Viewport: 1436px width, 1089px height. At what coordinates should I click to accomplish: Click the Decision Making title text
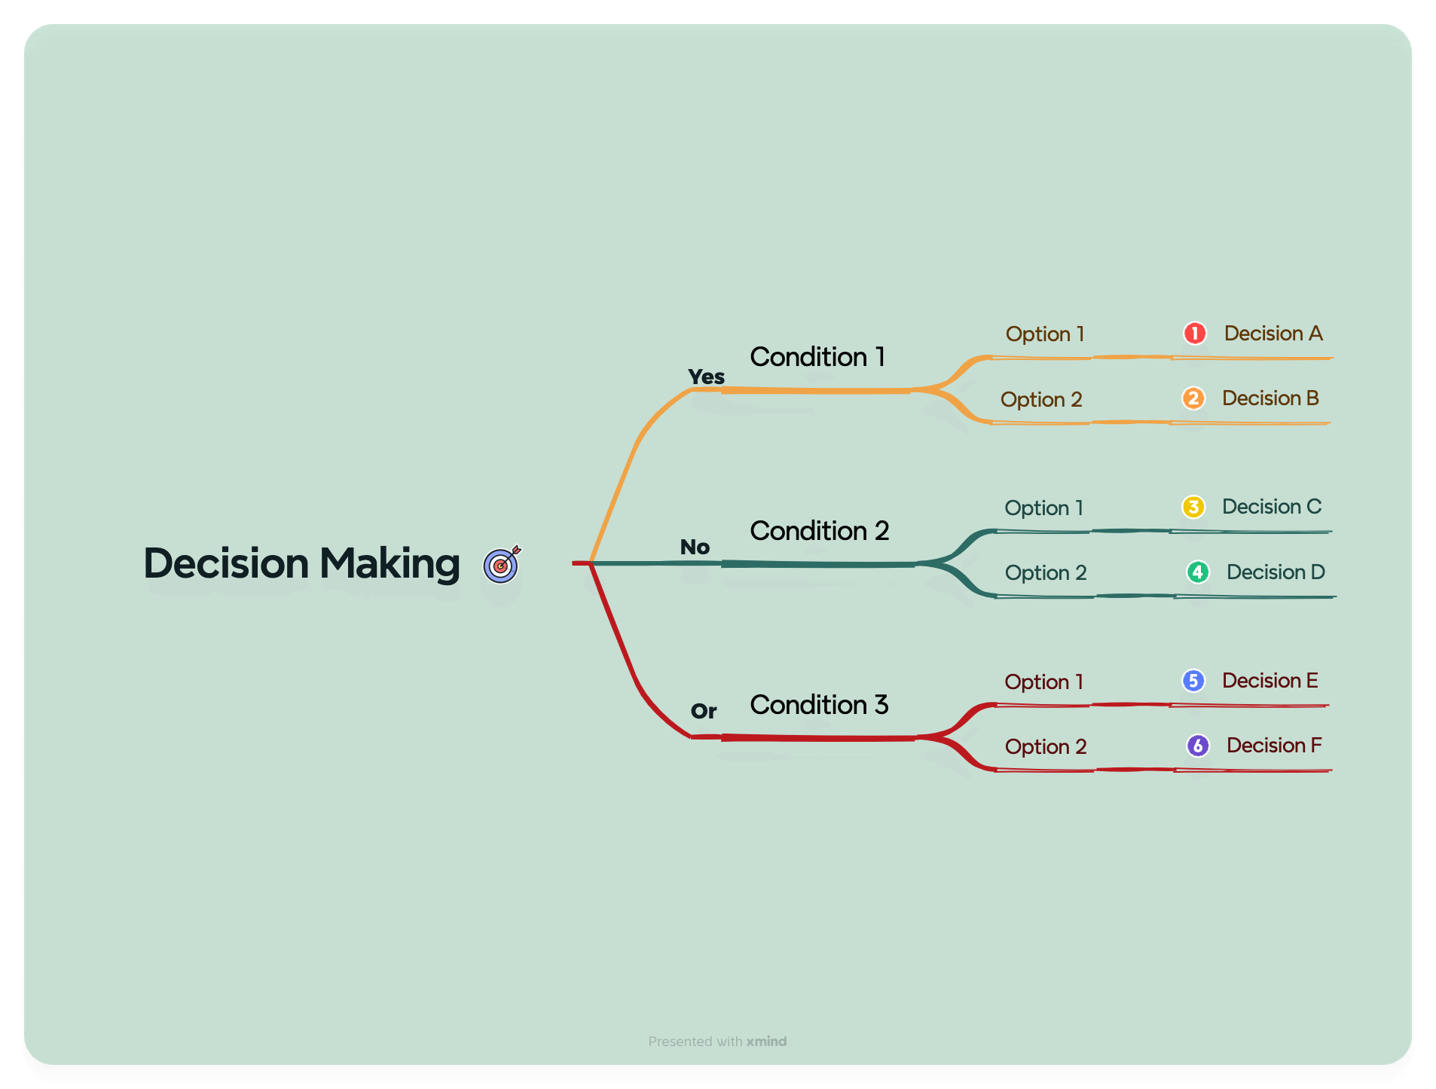[301, 563]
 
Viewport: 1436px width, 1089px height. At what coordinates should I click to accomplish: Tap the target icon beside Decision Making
[502, 564]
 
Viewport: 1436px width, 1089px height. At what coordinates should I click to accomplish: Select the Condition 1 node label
[817, 357]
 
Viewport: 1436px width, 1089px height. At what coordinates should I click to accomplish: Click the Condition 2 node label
[820, 531]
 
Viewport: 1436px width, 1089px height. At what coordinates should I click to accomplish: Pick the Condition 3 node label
[820, 705]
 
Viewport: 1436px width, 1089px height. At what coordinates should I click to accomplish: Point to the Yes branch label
[706, 377]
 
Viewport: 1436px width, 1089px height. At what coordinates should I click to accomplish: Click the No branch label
[695, 547]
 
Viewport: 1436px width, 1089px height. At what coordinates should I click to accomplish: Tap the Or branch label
[704, 711]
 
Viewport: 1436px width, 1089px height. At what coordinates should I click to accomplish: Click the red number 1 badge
[1194, 333]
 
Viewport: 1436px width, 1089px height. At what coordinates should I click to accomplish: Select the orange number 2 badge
[1193, 398]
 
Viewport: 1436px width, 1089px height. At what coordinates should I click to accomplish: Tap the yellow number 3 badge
[1193, 507]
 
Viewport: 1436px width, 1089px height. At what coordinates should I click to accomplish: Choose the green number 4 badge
[1198, 572]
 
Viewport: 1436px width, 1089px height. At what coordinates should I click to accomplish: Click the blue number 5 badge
[1193, 681]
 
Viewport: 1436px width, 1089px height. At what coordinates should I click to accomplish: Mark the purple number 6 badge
[1198, 746]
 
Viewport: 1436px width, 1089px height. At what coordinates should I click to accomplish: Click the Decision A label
[1273, 333]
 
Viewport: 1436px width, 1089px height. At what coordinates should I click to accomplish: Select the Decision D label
[1276, 572]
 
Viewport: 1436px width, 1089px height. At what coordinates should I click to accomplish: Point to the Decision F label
[1274, 746]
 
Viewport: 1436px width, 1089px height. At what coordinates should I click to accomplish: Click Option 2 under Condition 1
[1041, 399]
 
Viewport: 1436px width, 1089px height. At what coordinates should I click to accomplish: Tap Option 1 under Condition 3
[1044, 682]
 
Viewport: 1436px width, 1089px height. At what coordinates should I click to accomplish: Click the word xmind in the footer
[766, 1042]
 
